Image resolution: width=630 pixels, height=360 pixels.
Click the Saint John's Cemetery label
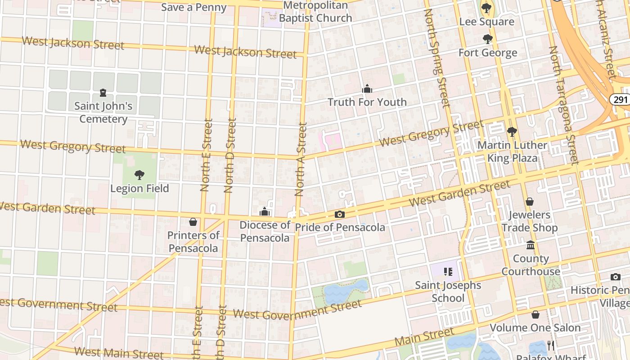pyautogui.click(x=103, y=112)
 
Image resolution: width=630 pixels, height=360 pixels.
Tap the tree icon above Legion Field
pyautogui.click(x=139, y=175)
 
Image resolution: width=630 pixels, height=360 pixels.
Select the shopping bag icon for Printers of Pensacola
pyautogui.click(x=193, y=222)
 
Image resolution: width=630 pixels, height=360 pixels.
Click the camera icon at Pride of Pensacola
pyautogui.click(x=340, y=214)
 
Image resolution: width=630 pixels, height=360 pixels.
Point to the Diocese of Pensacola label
pyautogui.click(x=265, y=231)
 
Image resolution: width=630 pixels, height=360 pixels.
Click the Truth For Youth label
pyautogui.click(x=367, y=102)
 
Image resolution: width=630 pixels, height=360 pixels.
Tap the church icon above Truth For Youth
pyautogui.click(x=367, y=89)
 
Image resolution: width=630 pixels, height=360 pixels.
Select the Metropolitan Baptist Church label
pyautogui.click(x=315, y=12)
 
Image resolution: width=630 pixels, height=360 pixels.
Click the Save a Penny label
pyautogui.click(x=193, y=7)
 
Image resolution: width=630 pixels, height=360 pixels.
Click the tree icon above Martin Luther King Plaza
pyautogui.click(x=512, y=132)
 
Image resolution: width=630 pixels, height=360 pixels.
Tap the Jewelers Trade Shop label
pyautogui.click(x=530, y=221)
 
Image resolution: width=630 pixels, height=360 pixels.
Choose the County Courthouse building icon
pyautogui.click(x=531, y=245)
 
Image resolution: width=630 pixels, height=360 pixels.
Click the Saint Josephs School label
pyautogui.click(x=448, y=292)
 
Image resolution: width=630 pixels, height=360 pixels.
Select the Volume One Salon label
pyautogui.click(x=535, y=328)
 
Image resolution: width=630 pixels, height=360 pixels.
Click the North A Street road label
pyautogui.click(x=301, y=160)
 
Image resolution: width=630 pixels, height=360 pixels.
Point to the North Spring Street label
pyautogui.click(x=436, y=58)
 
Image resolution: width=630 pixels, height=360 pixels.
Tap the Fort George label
pyautogui.click(x=488, y=53)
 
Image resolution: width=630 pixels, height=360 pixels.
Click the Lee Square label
pyautogui.click(x=487, y=22)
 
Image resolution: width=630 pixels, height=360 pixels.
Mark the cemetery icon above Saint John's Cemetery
pyautogui.click(x=103, y=93)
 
